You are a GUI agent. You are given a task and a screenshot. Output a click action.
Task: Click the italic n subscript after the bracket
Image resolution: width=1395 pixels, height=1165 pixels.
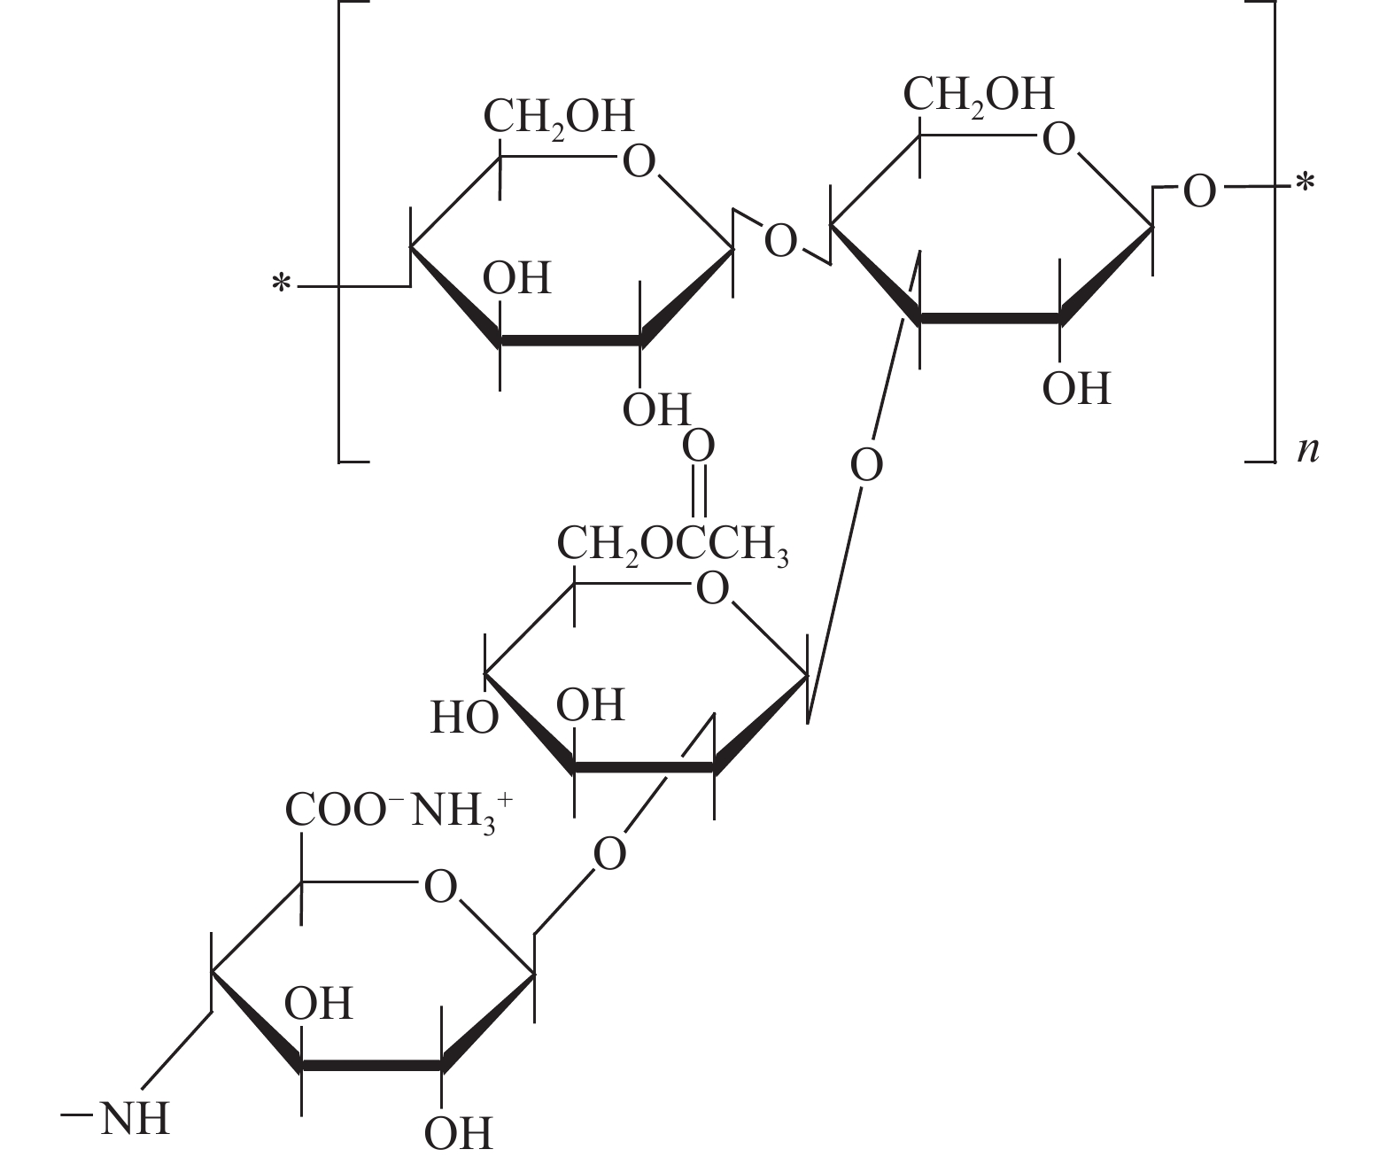(1308, 451)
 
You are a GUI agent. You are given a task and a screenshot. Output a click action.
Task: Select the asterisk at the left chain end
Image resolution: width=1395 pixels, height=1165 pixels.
(282, 284)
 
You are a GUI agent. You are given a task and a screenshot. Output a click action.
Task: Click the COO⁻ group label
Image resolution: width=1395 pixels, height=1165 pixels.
(337, 810)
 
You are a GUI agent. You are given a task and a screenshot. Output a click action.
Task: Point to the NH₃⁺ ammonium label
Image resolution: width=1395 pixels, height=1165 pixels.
(461, 812)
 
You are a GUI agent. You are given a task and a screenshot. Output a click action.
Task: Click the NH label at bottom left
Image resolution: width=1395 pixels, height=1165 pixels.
(135, 1120)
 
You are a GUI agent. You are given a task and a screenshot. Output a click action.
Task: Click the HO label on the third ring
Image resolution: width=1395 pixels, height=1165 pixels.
(464, 718)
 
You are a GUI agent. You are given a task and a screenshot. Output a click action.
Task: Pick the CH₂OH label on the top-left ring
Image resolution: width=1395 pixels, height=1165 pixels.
(559, 118)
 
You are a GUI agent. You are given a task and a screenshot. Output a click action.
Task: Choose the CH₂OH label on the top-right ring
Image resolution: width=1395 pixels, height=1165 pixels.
(979, 95)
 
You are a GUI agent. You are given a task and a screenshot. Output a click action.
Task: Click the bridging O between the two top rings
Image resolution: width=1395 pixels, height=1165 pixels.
(780, 242)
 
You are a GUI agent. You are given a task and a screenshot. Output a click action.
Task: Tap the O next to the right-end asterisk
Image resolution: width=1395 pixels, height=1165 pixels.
(1199, 192)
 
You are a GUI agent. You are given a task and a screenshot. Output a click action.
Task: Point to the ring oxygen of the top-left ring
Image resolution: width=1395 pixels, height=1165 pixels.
(639, 162)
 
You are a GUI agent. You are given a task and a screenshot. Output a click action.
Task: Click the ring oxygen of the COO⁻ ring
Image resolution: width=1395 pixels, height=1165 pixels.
(440, 888)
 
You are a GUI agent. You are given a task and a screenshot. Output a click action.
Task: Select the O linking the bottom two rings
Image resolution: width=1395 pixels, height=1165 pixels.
(609, 854)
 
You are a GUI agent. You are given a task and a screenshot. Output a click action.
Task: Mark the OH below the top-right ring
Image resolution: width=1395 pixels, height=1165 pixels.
(1076, 389)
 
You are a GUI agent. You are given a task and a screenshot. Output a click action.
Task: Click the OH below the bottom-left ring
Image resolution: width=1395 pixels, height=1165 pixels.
(458, 1134)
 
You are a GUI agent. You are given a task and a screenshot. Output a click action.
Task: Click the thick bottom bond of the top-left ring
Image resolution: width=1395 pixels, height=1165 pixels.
(570, 340)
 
